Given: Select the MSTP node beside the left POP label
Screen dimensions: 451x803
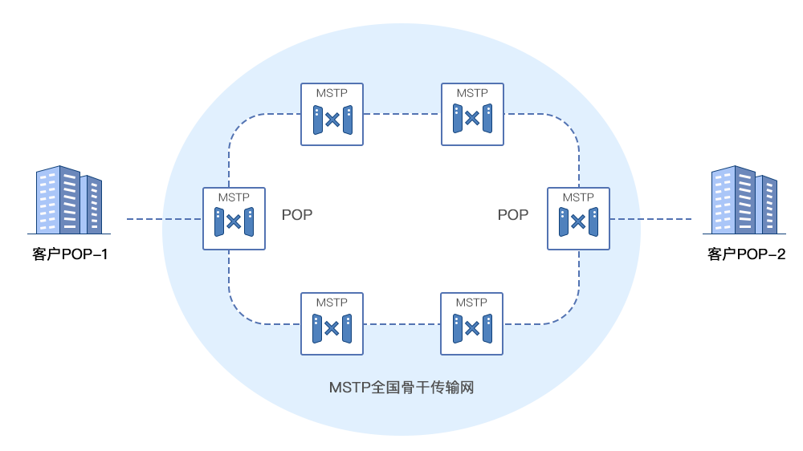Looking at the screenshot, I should [x=234, y=218].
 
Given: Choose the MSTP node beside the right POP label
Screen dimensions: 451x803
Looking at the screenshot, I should [x=578, y=218].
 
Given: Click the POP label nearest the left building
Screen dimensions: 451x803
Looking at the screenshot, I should [x=297, y=215].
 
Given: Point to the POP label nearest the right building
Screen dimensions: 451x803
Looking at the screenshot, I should [x=513, y=215].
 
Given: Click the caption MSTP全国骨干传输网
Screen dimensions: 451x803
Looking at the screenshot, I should [x=401, y=388].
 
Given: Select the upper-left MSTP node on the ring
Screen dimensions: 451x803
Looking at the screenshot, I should [x=332, y=115].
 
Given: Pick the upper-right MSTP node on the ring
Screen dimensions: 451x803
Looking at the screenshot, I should [x=472, y=115].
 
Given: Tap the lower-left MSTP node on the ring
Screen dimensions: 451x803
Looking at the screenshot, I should [x=332, y=323].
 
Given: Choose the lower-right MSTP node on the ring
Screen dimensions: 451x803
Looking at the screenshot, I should [x=471, y=323].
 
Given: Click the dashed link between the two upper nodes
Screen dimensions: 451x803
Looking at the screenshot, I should [x=401, y=115].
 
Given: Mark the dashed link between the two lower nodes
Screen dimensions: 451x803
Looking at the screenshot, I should [x=401, y=324].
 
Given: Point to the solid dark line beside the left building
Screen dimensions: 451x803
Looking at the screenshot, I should [x=145, y=218].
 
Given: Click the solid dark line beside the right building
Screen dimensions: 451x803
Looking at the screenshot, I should [x=661, y=218].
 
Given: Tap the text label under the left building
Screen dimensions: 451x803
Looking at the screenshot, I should [x=70, y=255].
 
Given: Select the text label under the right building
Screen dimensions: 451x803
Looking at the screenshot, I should [x=745, y=254].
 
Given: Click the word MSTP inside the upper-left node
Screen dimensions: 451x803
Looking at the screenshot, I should [x=332, y=93].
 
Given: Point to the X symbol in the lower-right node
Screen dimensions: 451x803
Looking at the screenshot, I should [x=472, y=328].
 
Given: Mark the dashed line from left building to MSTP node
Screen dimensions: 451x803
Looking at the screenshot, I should [x=182, y=218].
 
